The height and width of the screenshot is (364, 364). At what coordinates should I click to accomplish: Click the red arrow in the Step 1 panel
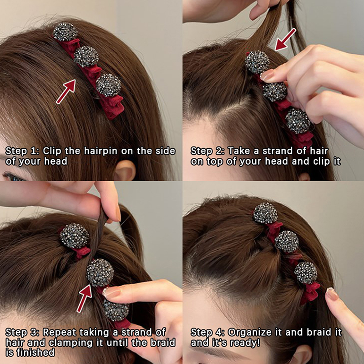click(x=66, y=91)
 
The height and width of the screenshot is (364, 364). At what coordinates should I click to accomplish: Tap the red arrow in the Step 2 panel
click(x=285, y=40)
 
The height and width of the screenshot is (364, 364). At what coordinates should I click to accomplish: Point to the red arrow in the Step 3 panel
click(x=85, y=298)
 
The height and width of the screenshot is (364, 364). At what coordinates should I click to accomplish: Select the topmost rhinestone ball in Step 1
click(x=65, y=32)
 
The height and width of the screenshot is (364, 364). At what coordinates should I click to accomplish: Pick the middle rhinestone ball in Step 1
click(x=86, y=56)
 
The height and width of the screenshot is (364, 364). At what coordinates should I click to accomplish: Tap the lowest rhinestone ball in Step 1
click(x=109, y=85)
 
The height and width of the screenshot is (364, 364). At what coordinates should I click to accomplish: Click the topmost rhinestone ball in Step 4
click(x=265, y=213)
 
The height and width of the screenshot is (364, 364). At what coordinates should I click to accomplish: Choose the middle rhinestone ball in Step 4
click(x=287, y=242)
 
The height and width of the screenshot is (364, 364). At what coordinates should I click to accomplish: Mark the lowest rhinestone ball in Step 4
click(x=306, y=273)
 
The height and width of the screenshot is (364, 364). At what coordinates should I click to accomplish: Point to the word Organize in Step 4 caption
click(x=250, y=333)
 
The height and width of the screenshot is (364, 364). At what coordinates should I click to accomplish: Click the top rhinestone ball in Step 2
click(x=258, y=62)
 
